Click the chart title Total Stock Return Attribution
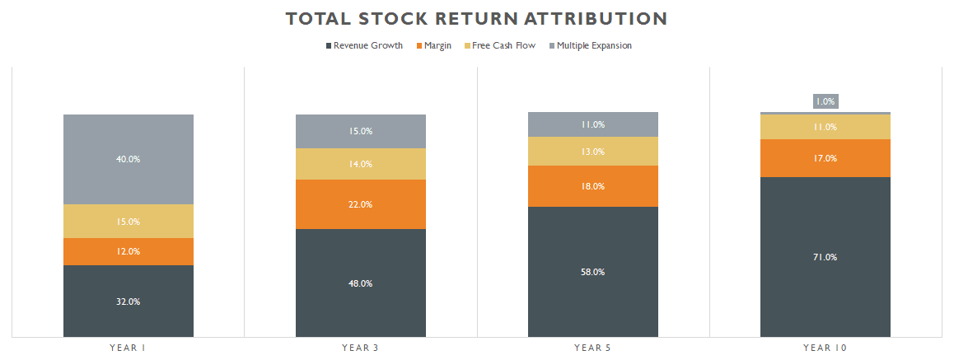476,18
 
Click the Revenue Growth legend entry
367,46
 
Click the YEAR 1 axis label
128,348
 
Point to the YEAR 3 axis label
360,348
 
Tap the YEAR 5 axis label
592,348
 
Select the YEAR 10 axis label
825,348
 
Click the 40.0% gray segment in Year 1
128,159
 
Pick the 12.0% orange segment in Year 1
128,251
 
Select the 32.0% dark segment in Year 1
128,302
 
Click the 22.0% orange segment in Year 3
360,204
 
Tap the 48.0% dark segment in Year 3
360,283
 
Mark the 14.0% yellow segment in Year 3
360,164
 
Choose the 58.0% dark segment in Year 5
592,272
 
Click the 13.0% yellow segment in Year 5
592,152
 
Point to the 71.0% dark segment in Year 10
825,257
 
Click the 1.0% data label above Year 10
825,101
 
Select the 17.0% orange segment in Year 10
825,158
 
